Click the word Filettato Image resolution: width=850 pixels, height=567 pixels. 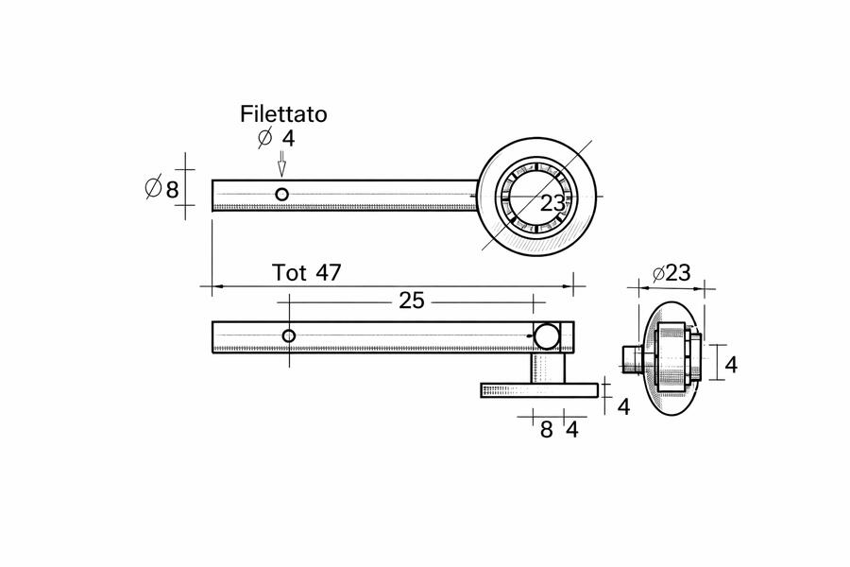pyautogui.click(x=283, y=114)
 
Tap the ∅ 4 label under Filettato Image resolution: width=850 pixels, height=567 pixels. pyautogui.click(x=276, y=138)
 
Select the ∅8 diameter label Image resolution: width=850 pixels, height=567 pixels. pyautogui.click(x=161, y=189)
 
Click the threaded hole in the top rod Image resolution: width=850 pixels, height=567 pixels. pyautogui.click(x=281, y=195)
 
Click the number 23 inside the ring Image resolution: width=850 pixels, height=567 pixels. pyautogui.click(x=552, y=202)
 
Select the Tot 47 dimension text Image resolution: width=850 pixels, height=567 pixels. pyautogui.click(x=306, y=273)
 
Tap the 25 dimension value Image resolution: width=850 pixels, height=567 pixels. pyautogui.click(x=412, y=301)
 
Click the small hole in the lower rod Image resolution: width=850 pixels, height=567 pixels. pyautogui.click(x=289, y=335)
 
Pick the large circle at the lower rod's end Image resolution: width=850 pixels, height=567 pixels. pyautogui.click(x=546, y=335)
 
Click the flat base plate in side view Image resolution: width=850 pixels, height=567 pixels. pyautogui.click(x=539, y=390)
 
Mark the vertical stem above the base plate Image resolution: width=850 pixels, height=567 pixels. pyautogui.click(x=547, y=368)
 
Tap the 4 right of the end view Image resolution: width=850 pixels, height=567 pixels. pyautogui.click(x=730, y=363)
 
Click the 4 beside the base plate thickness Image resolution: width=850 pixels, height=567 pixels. pyautogui.click(x=622, y=406)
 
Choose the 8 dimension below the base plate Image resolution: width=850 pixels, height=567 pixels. pyautogui.click(x=546, y=429)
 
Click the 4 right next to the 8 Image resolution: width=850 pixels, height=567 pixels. pyautogui.click(x=570, y=429)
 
